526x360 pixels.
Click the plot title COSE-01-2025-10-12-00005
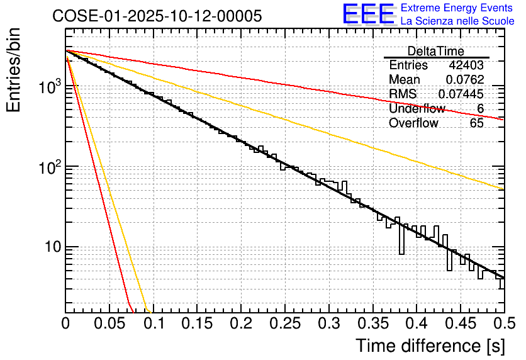tap(157, 16)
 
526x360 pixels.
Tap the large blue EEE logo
tap(368, 14)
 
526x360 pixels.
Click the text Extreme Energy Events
tap(457, 8)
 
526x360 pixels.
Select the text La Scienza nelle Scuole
tap(457, 21)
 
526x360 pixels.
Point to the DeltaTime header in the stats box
tap(435, 51)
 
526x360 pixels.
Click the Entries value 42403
tap(466, 65)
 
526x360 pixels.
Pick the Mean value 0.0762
tap(464, 80)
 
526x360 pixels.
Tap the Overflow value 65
tap(476, 123)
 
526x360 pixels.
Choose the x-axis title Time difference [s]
tap(430, 346)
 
